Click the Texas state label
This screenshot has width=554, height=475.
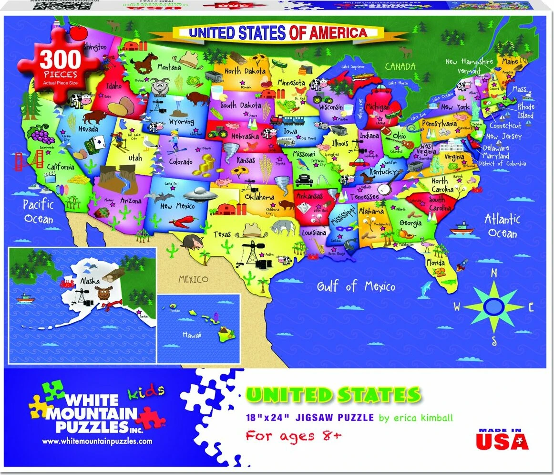tap(222, 234)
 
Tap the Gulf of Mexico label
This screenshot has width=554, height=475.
tap(357, 286)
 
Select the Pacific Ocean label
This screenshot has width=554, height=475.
tap(39, 211)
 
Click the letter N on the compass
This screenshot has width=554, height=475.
tap(494, 273)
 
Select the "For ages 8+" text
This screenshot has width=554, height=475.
tap(294, 435)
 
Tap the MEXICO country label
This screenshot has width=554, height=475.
tap(193, 279)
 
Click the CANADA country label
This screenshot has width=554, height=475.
tap(400, 66)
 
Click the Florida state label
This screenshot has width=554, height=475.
tap(436, 263)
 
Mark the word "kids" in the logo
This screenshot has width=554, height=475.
tap(146, 392)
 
